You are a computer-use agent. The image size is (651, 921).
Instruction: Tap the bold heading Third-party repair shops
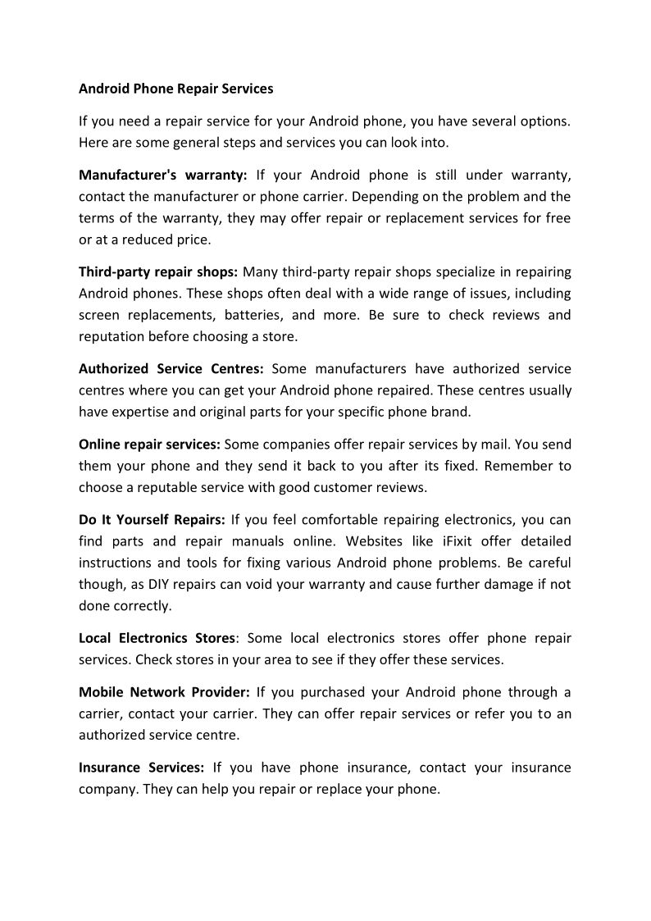pos(158,271)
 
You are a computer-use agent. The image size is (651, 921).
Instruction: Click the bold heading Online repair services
pos(149,444)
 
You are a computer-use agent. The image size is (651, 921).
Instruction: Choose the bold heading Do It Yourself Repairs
pos(152,519)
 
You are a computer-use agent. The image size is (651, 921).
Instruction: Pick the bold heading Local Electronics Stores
pos(157,637)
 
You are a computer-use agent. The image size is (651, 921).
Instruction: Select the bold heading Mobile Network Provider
pos(164,691)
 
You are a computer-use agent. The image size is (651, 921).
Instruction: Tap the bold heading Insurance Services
pos(141,768)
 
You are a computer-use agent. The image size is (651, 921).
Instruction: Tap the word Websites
pos(374,541)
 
